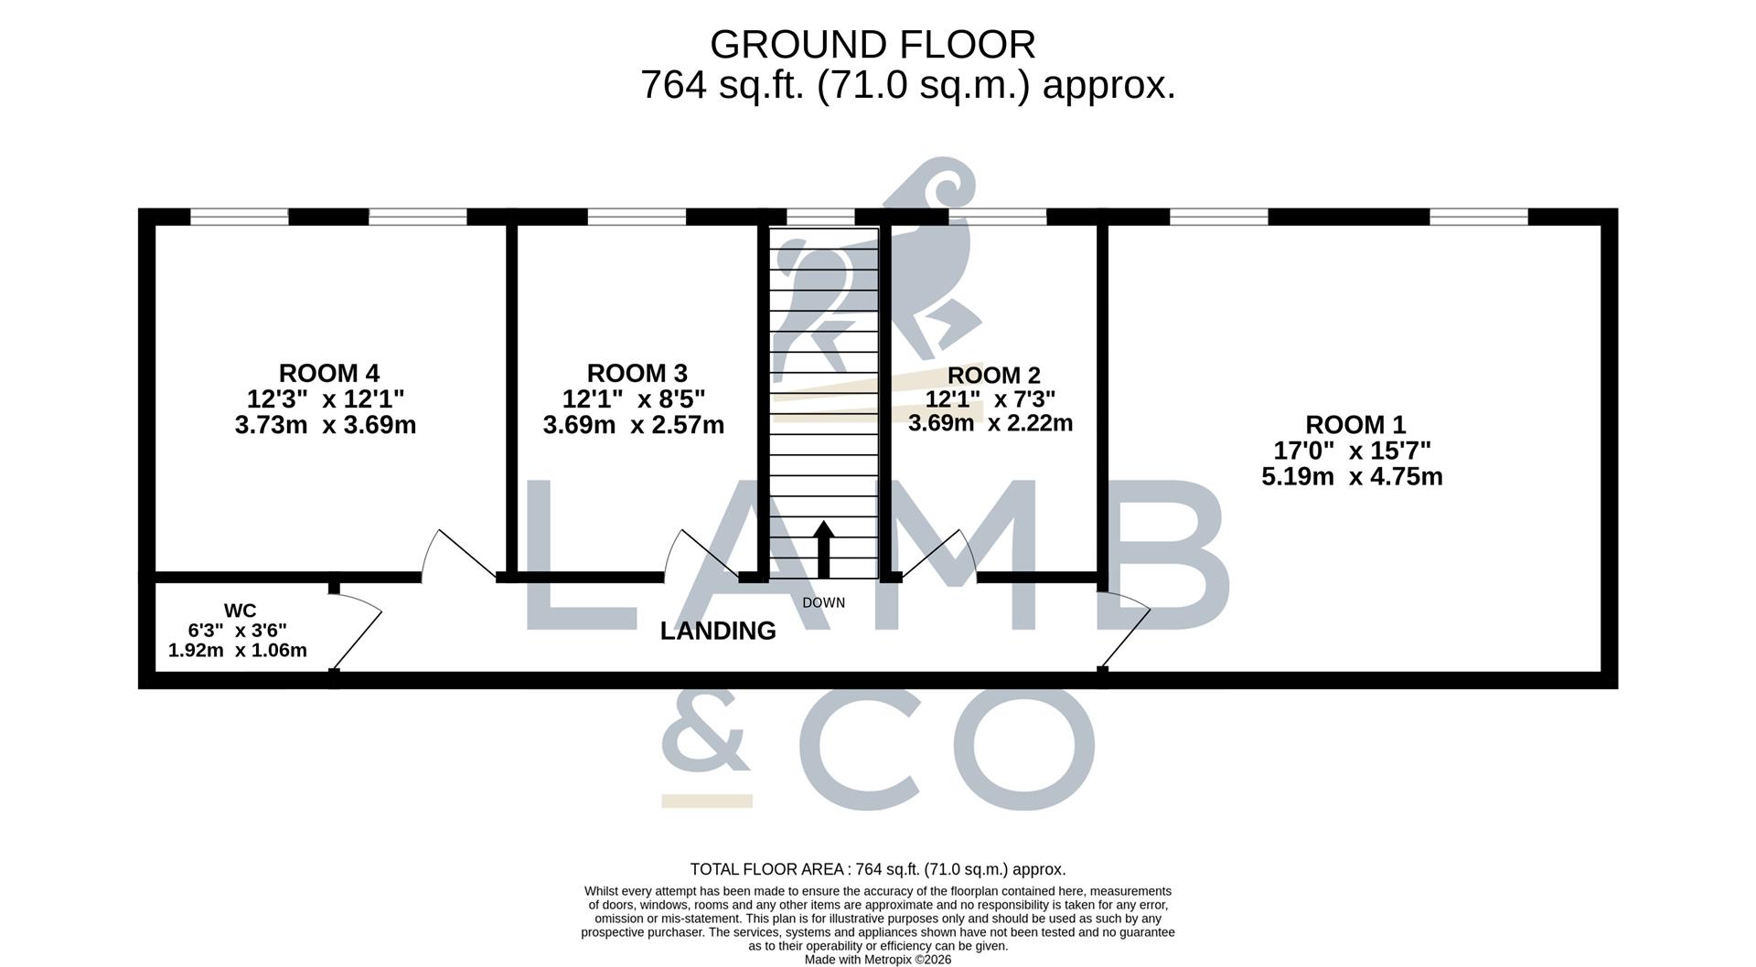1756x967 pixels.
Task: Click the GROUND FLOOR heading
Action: coord(873,44)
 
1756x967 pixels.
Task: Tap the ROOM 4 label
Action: coord(329,373)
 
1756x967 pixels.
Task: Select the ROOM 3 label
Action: coord(637,373)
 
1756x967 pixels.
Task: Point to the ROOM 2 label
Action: coord(993,375)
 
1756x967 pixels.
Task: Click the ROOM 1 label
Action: coord(1355,424)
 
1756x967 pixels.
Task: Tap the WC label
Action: coord(240,611)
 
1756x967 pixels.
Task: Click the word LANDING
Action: coord(718,631)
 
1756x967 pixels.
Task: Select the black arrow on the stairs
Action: coord(824,549)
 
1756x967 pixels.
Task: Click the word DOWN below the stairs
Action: coord(824,603)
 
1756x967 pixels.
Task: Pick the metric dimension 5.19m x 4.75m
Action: coord(1352,476)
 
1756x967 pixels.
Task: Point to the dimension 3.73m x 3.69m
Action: coord(326,425)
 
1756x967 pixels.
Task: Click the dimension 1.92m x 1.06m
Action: coord(238,651)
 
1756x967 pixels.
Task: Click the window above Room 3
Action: coord(637,217)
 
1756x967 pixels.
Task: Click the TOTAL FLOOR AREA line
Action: coord(878,869)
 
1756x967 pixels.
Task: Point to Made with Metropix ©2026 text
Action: coord(878,960)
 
